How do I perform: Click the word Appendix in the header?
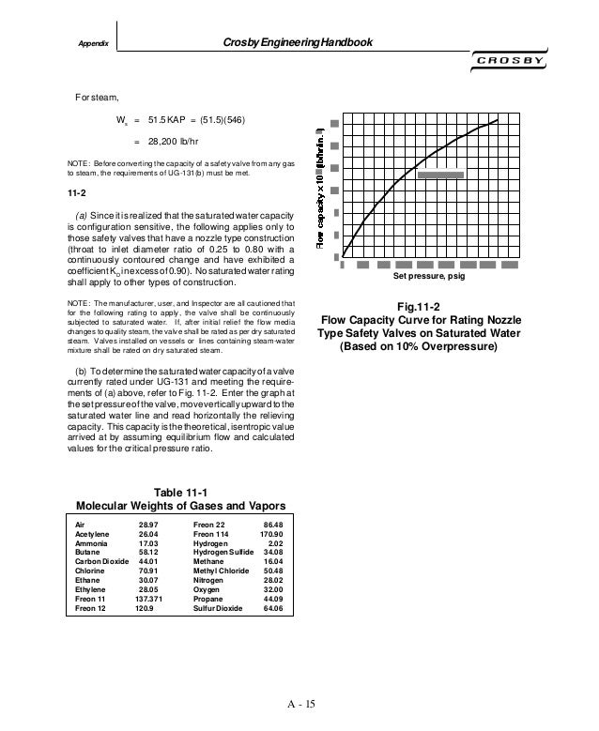[x=92, y=44]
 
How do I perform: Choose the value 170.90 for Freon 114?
[x=269, y=533]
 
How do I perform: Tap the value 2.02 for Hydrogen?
[x=276, y=542]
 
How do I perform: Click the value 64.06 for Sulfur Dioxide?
[x=271, y=608]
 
